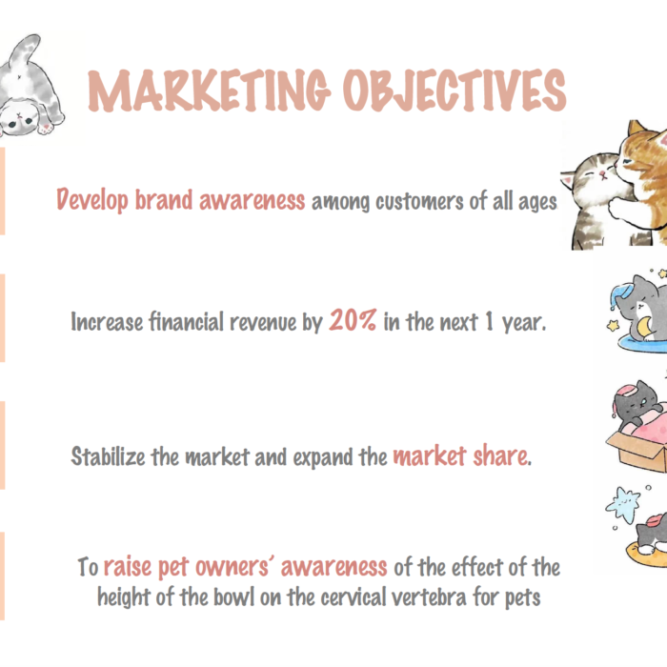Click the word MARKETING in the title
pyautogui.click(x=209, y=91)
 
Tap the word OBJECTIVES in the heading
pyautogui.click(x=455, y=91)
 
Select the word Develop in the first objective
pyautogui.click(x=92, y=200)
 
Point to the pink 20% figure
pyautogui.click(x=353, y=320)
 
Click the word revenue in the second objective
pyautogui.click(x=263, y=322)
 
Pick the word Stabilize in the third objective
pyautogui.click(x=108, y=456)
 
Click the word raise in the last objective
pyautogui.click(x=128, y=567)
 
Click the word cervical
pyautogui.click(x=353, y=597)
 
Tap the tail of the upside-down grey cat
pyautogui.click(x=26, y=49)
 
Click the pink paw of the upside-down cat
pyautogui.click(x=46, y=128)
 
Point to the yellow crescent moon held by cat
pyautogui.click(x=644, y=327)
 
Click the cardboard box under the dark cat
pyautogui.click(x=638, y=451)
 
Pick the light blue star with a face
pyautogui.click(x=623, y=504)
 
